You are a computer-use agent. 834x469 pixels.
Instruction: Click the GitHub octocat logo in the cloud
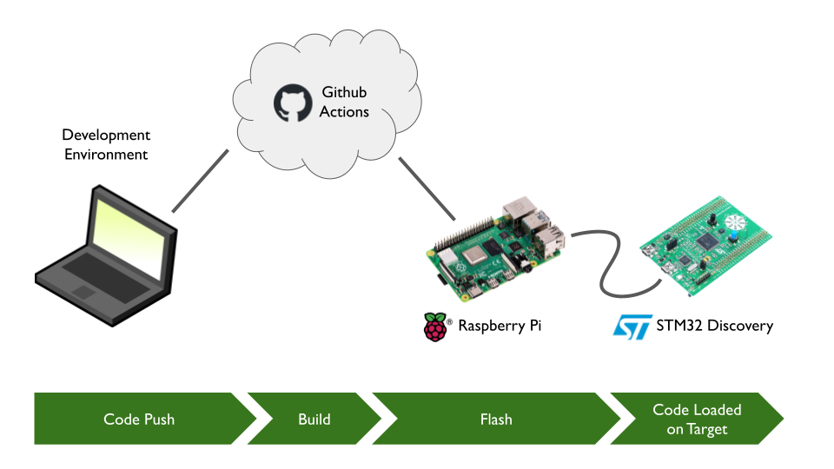pyautogui.click(x=292, y=102)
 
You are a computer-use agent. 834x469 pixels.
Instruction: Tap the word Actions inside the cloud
pyautogui.click(x=344, y=112)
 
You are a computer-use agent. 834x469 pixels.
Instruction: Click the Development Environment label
pyautogui.click(x=106, y=145)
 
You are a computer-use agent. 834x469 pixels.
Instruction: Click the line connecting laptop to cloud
pyautogui.click(x=200, y=181)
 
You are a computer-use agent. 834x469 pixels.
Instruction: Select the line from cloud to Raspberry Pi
pyautogui.click(x=427, y=189)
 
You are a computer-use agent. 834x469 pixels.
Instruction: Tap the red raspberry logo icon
pyautogui.click(x=435, y=327)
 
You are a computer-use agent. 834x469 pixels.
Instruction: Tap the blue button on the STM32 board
pyautogui.click(x=732, y=235)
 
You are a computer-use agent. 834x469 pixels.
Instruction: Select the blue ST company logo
pyautogui.click(x=632, y=327)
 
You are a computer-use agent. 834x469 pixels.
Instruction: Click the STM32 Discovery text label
pyautogui.click(x=715, y=327)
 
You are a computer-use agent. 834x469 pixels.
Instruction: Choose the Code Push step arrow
pyautogui.click(x=139, y=419)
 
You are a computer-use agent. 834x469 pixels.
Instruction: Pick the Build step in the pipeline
pyautogui.click(x=314, y=419)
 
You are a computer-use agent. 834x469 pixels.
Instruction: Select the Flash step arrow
pyautogui.click(x=496, y=419)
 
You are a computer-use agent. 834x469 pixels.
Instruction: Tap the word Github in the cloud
pyautogui.click(x=344, y=91)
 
